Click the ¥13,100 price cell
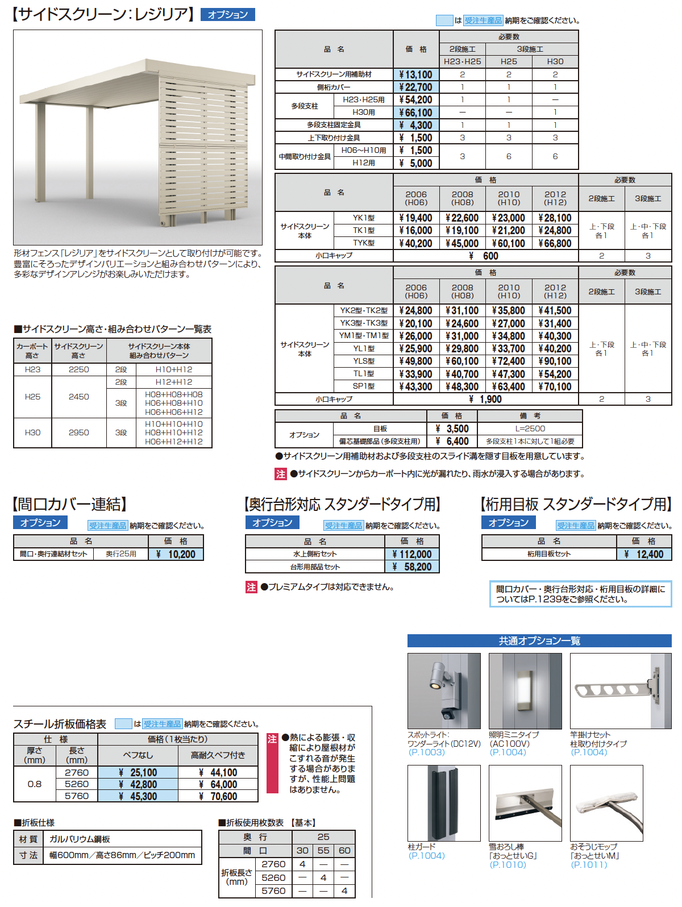point(416,74)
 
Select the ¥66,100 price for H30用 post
point(416,113)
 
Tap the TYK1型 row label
point(363,243)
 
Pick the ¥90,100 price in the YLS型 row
point(555,361)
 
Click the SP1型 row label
point(363,386)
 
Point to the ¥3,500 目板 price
point(452,428)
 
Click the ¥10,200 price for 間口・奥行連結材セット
point(176,554)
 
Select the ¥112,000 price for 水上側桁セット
point(412,554)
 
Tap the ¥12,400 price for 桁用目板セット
point(644,554)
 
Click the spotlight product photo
point(444,690)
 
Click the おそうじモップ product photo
point(606,803)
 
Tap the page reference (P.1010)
point(508,865)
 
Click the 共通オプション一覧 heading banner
point(539,641)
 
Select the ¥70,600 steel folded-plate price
point(218,797)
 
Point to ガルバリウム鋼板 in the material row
point(80,839)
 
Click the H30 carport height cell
point(33,432)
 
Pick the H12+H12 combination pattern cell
point(174,382)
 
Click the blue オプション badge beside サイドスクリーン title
point(228,15)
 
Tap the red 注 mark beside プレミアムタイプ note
point(252,587)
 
